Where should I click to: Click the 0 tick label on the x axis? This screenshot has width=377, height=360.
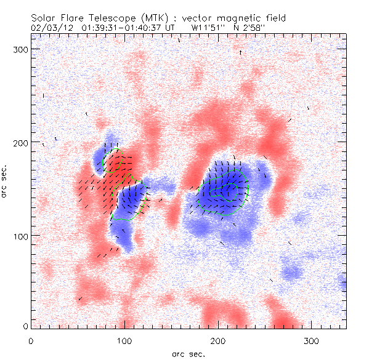click(x=31, y=340)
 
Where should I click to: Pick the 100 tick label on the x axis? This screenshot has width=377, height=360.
click(x=124, y=340)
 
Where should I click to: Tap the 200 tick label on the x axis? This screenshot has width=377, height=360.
click(x=218, y=340)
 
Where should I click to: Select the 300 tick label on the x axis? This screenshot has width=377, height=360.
click(x=312, y=340)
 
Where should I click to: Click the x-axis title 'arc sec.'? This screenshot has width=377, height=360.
click(x=188, y=354)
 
